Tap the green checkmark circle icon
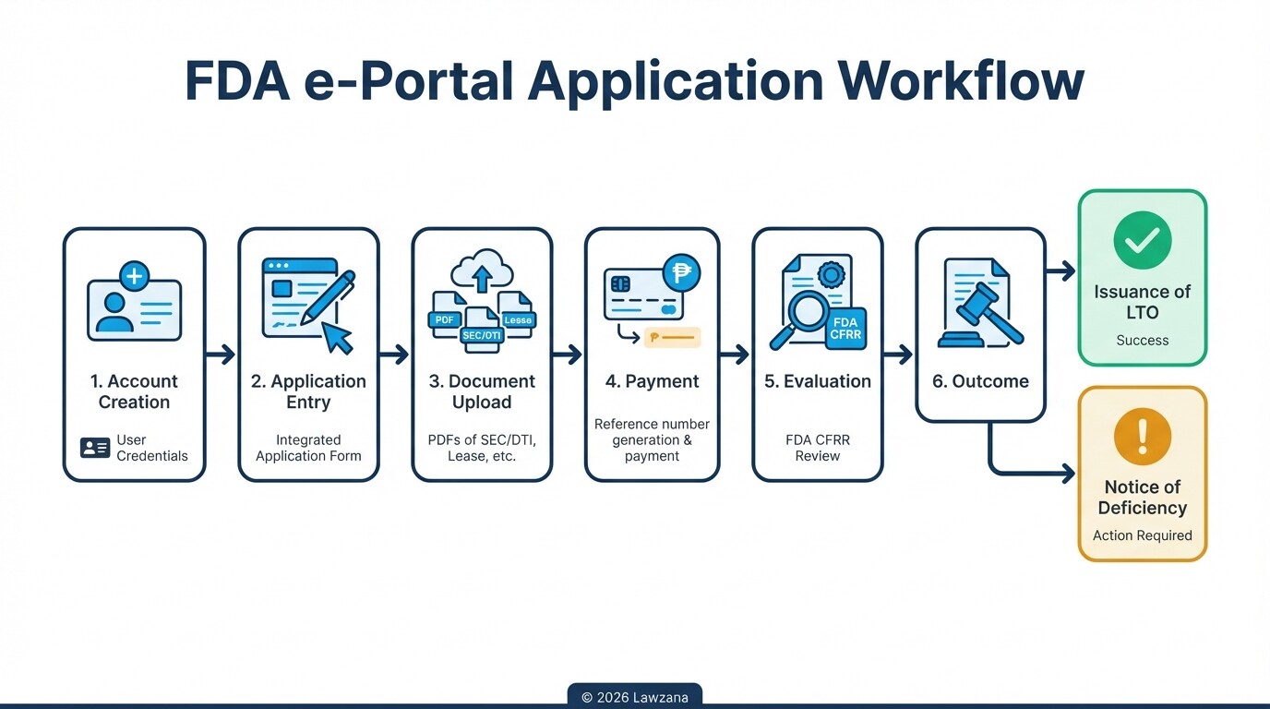1142,240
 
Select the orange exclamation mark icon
1142,436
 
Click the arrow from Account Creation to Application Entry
221,354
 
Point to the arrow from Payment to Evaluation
735,354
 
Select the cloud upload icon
482,270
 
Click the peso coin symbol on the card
681,272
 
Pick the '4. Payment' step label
652,381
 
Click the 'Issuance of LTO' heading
1142,302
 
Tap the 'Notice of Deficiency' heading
1142,498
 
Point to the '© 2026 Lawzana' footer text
635,697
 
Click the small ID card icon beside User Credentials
95,448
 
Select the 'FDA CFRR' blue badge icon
845,329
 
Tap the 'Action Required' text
1142,535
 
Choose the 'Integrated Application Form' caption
308,448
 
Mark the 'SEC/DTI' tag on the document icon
482,335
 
